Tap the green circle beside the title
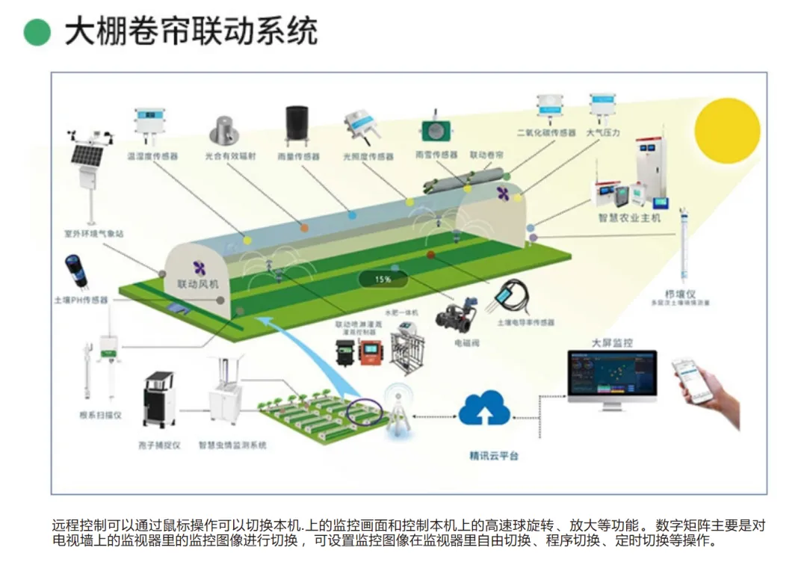(x=37, y=32)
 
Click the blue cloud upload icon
(x=484, y=409)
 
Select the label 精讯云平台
(x=493, y=455)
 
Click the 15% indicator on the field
(x=383, y=279)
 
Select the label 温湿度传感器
(x=152, y=157)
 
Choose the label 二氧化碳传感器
(x=546, y=133)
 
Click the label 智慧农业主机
(x=629, y=218)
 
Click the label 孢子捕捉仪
(x=161, y=445)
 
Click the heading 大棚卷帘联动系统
(x=191, y=31)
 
